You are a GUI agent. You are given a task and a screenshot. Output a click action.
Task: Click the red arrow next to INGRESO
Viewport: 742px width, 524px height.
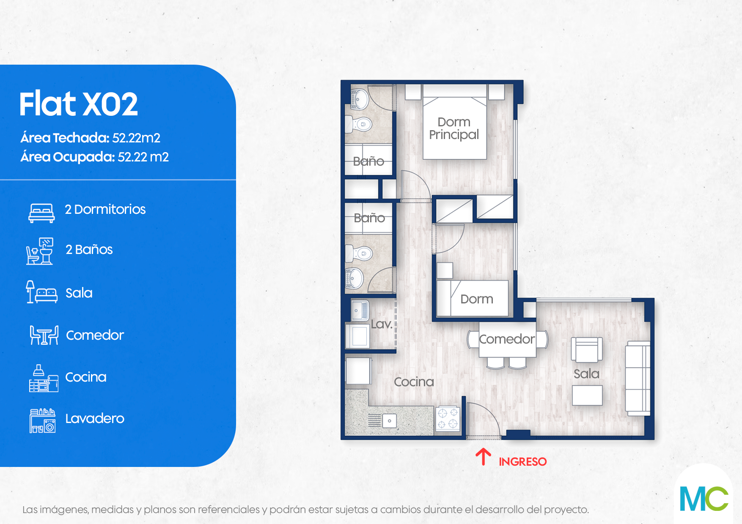[x=483, y=457]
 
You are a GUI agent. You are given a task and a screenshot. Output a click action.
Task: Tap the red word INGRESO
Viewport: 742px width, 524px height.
[x=523, y=461]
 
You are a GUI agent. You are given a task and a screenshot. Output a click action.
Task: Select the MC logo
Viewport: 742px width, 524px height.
[x=704, y=499]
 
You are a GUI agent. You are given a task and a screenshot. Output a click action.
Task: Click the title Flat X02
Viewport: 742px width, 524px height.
[x=79, y=104]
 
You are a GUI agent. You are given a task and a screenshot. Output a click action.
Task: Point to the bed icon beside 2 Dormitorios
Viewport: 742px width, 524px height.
[x=41, y=213]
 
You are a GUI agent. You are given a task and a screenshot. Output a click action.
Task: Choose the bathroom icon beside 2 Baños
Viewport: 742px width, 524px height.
[x=40, y=251]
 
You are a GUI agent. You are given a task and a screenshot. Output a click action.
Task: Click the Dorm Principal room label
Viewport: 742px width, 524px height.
[x=454, y=128]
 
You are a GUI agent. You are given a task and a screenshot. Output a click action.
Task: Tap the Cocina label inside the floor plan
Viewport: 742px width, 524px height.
[x=414, y=382]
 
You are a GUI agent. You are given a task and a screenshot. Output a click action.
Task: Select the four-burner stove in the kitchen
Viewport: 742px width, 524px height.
[x=448, y=418]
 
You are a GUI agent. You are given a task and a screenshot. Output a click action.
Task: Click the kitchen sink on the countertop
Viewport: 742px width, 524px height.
[x=390, y=421]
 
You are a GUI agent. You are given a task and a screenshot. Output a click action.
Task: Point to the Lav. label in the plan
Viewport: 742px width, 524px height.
[x=382, y=324]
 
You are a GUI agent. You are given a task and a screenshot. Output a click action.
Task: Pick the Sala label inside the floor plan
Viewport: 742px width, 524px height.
[x=586, y=374]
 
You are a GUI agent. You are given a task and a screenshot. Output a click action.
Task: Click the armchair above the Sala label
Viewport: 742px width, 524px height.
[x=587, y=350]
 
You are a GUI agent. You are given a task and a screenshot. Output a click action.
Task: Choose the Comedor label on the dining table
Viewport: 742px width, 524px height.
[x=507, y=339]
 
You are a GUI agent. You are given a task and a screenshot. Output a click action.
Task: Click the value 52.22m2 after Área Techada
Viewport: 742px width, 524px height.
[x=136, y=138]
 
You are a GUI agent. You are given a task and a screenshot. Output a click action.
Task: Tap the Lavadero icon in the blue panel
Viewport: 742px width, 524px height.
[x=42, y=421]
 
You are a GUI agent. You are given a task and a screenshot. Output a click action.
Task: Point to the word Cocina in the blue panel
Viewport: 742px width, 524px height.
[x=86, y=377]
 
